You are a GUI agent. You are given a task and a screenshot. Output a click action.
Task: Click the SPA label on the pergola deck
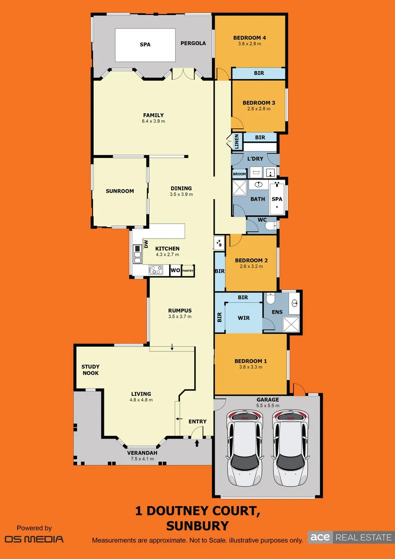pyautogui.click(x=145, y=45)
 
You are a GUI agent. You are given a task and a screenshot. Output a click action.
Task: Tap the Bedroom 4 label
pyautogui.click(x=249, y=37)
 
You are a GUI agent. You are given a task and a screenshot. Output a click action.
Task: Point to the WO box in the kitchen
pyautogui.click(x=175, y=270)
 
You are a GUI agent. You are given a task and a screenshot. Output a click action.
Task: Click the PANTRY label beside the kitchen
pyautogui.click(x=188, y=270)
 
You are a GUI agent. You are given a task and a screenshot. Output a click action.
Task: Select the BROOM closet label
pyautogui.click(x=239, y=174)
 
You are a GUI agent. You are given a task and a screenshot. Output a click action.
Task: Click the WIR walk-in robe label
pyautogui.click(x=244, y=318)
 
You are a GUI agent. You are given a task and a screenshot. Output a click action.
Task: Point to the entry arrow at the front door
pyautogui.click(x=196, y=443)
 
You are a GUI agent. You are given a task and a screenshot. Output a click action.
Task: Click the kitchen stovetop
pyautogui.click(x=156, y=270)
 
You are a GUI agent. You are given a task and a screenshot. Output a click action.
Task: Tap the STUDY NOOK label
pyautogui.click(x=90, y=370)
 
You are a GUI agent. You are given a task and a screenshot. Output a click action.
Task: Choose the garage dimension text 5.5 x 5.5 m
pyautogui.click(x=268, y=406)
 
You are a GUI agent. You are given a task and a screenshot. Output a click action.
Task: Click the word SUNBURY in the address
pyautogui.click(x=197, y=526)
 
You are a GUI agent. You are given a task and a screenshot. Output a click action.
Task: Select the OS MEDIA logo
pyautogui.click(x=34, y=538)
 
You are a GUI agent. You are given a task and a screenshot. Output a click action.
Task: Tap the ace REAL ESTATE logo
pyautogui.click(x=350, y=537)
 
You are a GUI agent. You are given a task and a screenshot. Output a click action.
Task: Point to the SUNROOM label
pyautogui.click(x=119, y=191)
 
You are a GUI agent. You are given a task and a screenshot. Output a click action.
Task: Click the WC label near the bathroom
pyautogui.click(x=262, y=219)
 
